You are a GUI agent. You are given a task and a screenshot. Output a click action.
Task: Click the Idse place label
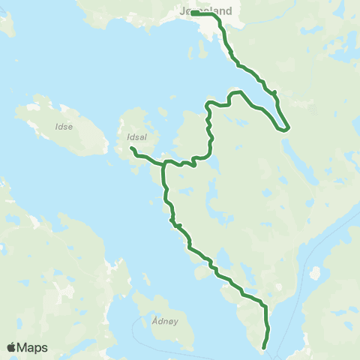64,127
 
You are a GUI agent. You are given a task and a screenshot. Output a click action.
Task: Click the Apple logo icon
11,348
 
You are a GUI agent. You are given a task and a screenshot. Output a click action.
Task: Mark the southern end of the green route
264,347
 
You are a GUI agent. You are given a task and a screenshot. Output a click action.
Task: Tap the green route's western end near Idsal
132,149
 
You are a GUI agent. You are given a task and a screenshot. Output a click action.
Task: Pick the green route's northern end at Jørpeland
193,13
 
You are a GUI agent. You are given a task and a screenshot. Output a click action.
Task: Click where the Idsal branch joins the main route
164,163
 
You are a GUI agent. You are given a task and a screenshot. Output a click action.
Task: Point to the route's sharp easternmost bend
286,128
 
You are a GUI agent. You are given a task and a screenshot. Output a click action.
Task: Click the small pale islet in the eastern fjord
314,273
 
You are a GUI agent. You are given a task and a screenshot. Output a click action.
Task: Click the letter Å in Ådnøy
154,318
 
